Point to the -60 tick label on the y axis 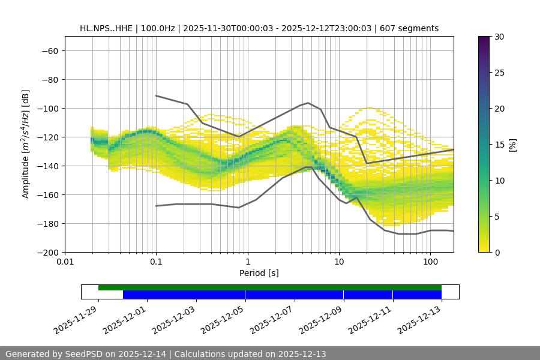(49, 50)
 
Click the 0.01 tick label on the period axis (65, 262)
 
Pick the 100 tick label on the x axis (430, 262)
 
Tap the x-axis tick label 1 (248, 262)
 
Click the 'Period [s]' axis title (259, 273)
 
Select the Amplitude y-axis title (25, 144)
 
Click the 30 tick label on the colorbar (499, 37)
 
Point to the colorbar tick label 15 (499, 145)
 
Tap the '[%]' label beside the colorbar (512, 145)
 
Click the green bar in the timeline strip (270, 287)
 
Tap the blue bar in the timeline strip (282, 295)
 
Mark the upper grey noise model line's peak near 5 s (308, 103)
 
